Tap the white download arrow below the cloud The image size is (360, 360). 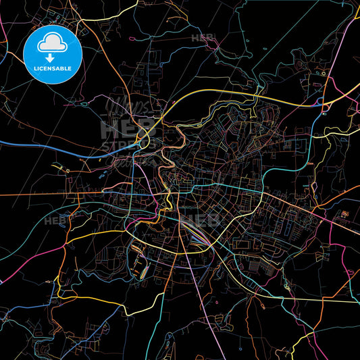click(x=51, y=58)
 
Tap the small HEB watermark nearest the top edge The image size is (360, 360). click(x=202, y=37)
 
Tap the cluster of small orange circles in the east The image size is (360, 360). click(x=345, y=215)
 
